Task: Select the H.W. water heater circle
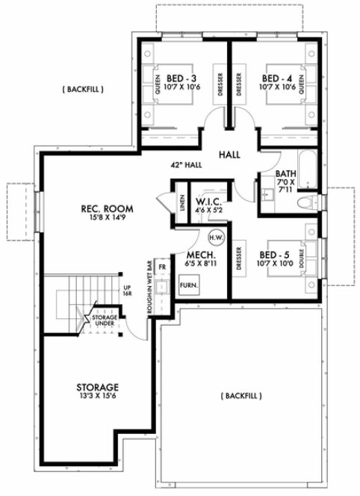click(216, 238)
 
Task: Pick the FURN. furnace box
click(190, 286)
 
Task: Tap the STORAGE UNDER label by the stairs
click(105, 321)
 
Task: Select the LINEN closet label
click(181, 204)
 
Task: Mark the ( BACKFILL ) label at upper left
click(81, 90)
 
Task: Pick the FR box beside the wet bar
click(162, 267)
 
